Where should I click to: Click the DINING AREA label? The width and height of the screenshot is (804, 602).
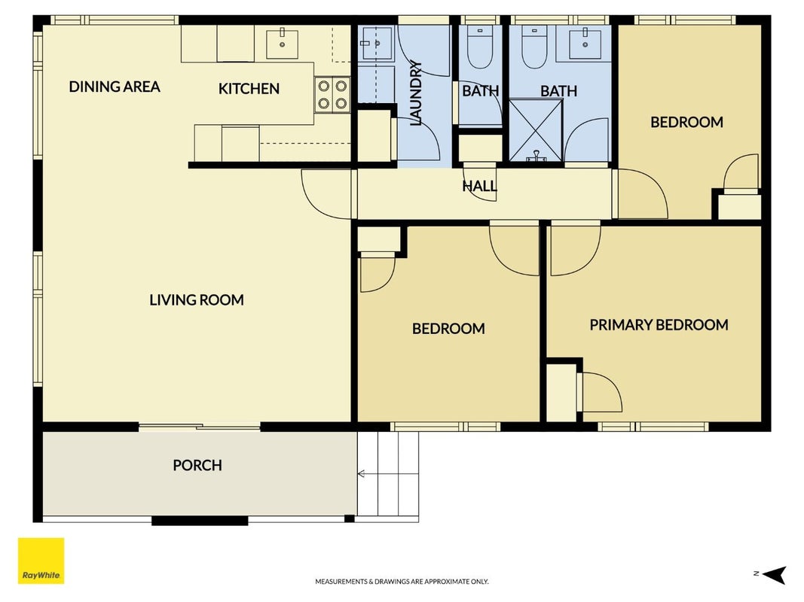point(115,87)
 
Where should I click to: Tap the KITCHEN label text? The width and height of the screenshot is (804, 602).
point(249,89)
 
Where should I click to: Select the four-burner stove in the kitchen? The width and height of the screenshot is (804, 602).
point(332,95)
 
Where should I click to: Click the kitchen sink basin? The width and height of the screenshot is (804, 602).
point(282,44)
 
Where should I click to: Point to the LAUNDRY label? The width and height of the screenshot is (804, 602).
point(416,93)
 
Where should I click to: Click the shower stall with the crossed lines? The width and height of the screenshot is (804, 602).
point(536,130)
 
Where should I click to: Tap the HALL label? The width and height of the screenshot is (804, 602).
point(480,186)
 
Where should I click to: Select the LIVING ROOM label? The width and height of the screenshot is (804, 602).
point(197,299)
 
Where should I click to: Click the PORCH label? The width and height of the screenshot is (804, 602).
point(197,465)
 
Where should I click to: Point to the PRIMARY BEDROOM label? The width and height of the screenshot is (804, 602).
point(659,324)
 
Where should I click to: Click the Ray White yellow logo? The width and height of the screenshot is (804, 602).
point(41,561)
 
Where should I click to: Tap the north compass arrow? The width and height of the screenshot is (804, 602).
point(775,575)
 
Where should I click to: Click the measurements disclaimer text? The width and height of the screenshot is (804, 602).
point(402,582)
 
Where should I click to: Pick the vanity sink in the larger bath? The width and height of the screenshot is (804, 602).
point(585,44)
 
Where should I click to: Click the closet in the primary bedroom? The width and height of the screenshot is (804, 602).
point(561,392)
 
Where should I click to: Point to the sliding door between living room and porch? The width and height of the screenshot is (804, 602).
point(200,427)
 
